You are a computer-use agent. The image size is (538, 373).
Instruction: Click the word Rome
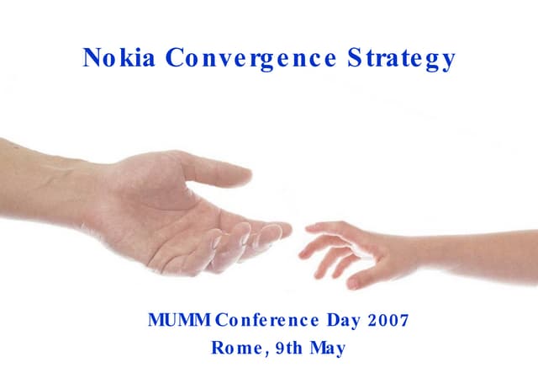click(234, 347)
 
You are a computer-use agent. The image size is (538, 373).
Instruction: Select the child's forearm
click(471, 248)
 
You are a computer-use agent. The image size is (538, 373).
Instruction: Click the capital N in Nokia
click(92, 59)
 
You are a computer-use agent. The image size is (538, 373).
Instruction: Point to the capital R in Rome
click(217, 346)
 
